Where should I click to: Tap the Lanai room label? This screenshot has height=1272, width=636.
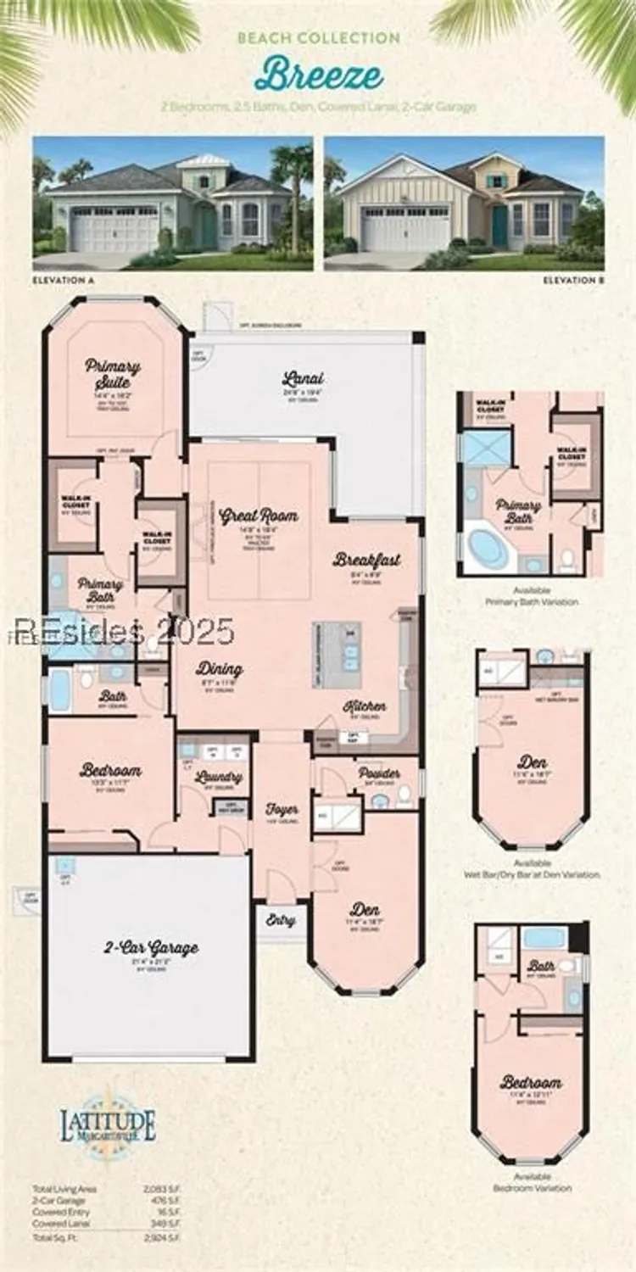click(304, 379)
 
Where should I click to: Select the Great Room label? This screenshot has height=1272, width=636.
click(259, 515)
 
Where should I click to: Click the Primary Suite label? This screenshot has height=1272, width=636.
click(113, 374)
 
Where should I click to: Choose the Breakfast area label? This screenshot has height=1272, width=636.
click(366, 560)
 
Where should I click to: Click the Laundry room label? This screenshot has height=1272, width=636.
click(219, 776)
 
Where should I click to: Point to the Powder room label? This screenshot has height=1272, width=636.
click(379, 773)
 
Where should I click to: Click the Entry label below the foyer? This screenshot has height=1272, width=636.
click(281, 920)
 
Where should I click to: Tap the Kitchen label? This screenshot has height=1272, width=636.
click(365, 706)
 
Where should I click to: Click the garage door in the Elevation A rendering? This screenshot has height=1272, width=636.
click(114, 229)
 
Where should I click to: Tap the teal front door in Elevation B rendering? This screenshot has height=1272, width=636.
click(500, 225)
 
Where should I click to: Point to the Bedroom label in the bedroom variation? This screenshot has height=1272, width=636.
click(531, 1083)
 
